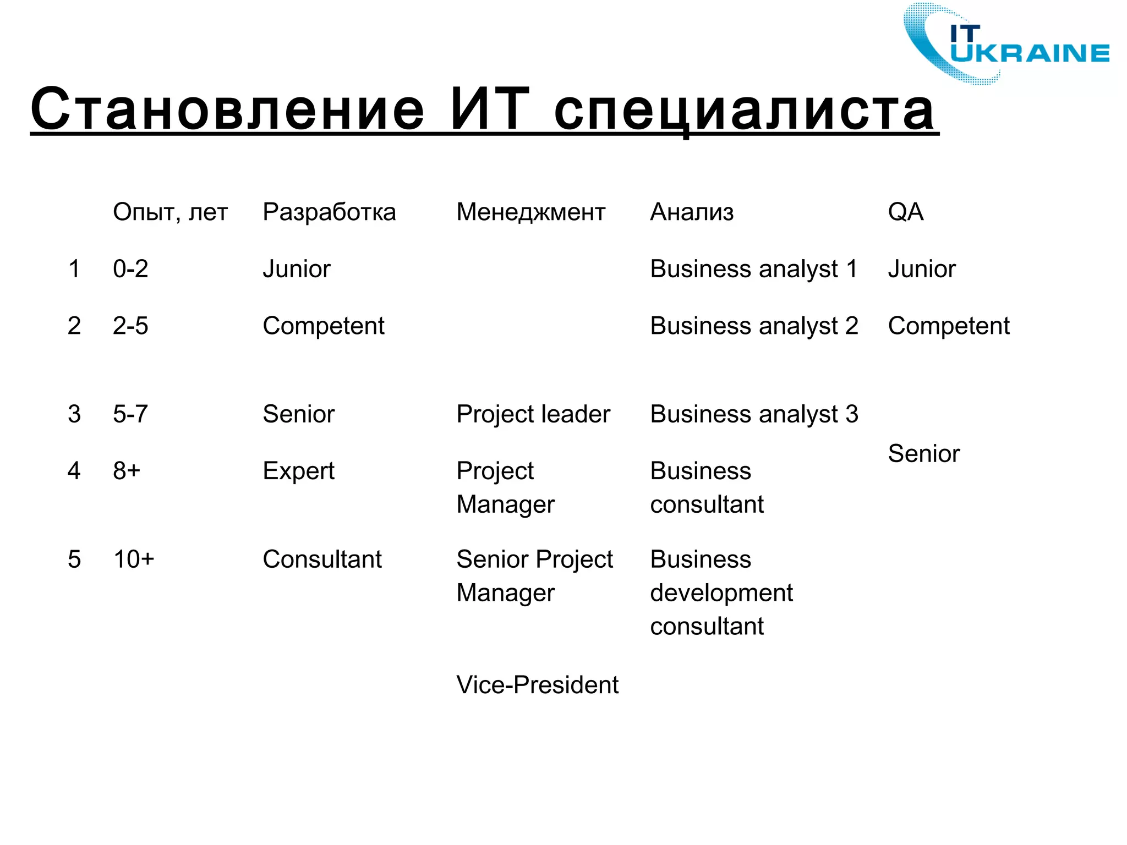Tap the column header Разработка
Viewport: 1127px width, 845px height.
tap(329, 212)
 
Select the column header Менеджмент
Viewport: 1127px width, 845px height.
tap(530, 212)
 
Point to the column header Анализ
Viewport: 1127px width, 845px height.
tap(692, 212)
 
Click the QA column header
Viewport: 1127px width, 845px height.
tap(905, 212)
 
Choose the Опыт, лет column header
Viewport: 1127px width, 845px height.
tap(170, 212)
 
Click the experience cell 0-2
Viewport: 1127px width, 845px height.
tap(130, 269)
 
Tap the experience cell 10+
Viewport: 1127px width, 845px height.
tap(134, 559)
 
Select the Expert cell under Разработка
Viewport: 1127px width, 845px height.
tap(298, 471)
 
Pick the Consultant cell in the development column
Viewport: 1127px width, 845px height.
tap(322, 559)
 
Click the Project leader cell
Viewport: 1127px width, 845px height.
tap(533, 414)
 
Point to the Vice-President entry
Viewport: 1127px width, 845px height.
tap(537, 685)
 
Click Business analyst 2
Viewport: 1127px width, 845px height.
tap(754, 326)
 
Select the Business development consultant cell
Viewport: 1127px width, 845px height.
tap(721, 592)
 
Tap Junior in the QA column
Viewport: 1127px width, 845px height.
tap(922, 269)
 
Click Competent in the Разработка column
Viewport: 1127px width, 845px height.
tap(324, 326)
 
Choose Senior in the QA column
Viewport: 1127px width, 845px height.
tap(923, 454)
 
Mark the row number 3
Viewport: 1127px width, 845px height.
tap(74, 414)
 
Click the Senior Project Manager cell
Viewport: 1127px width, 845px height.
tap(534, 575)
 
